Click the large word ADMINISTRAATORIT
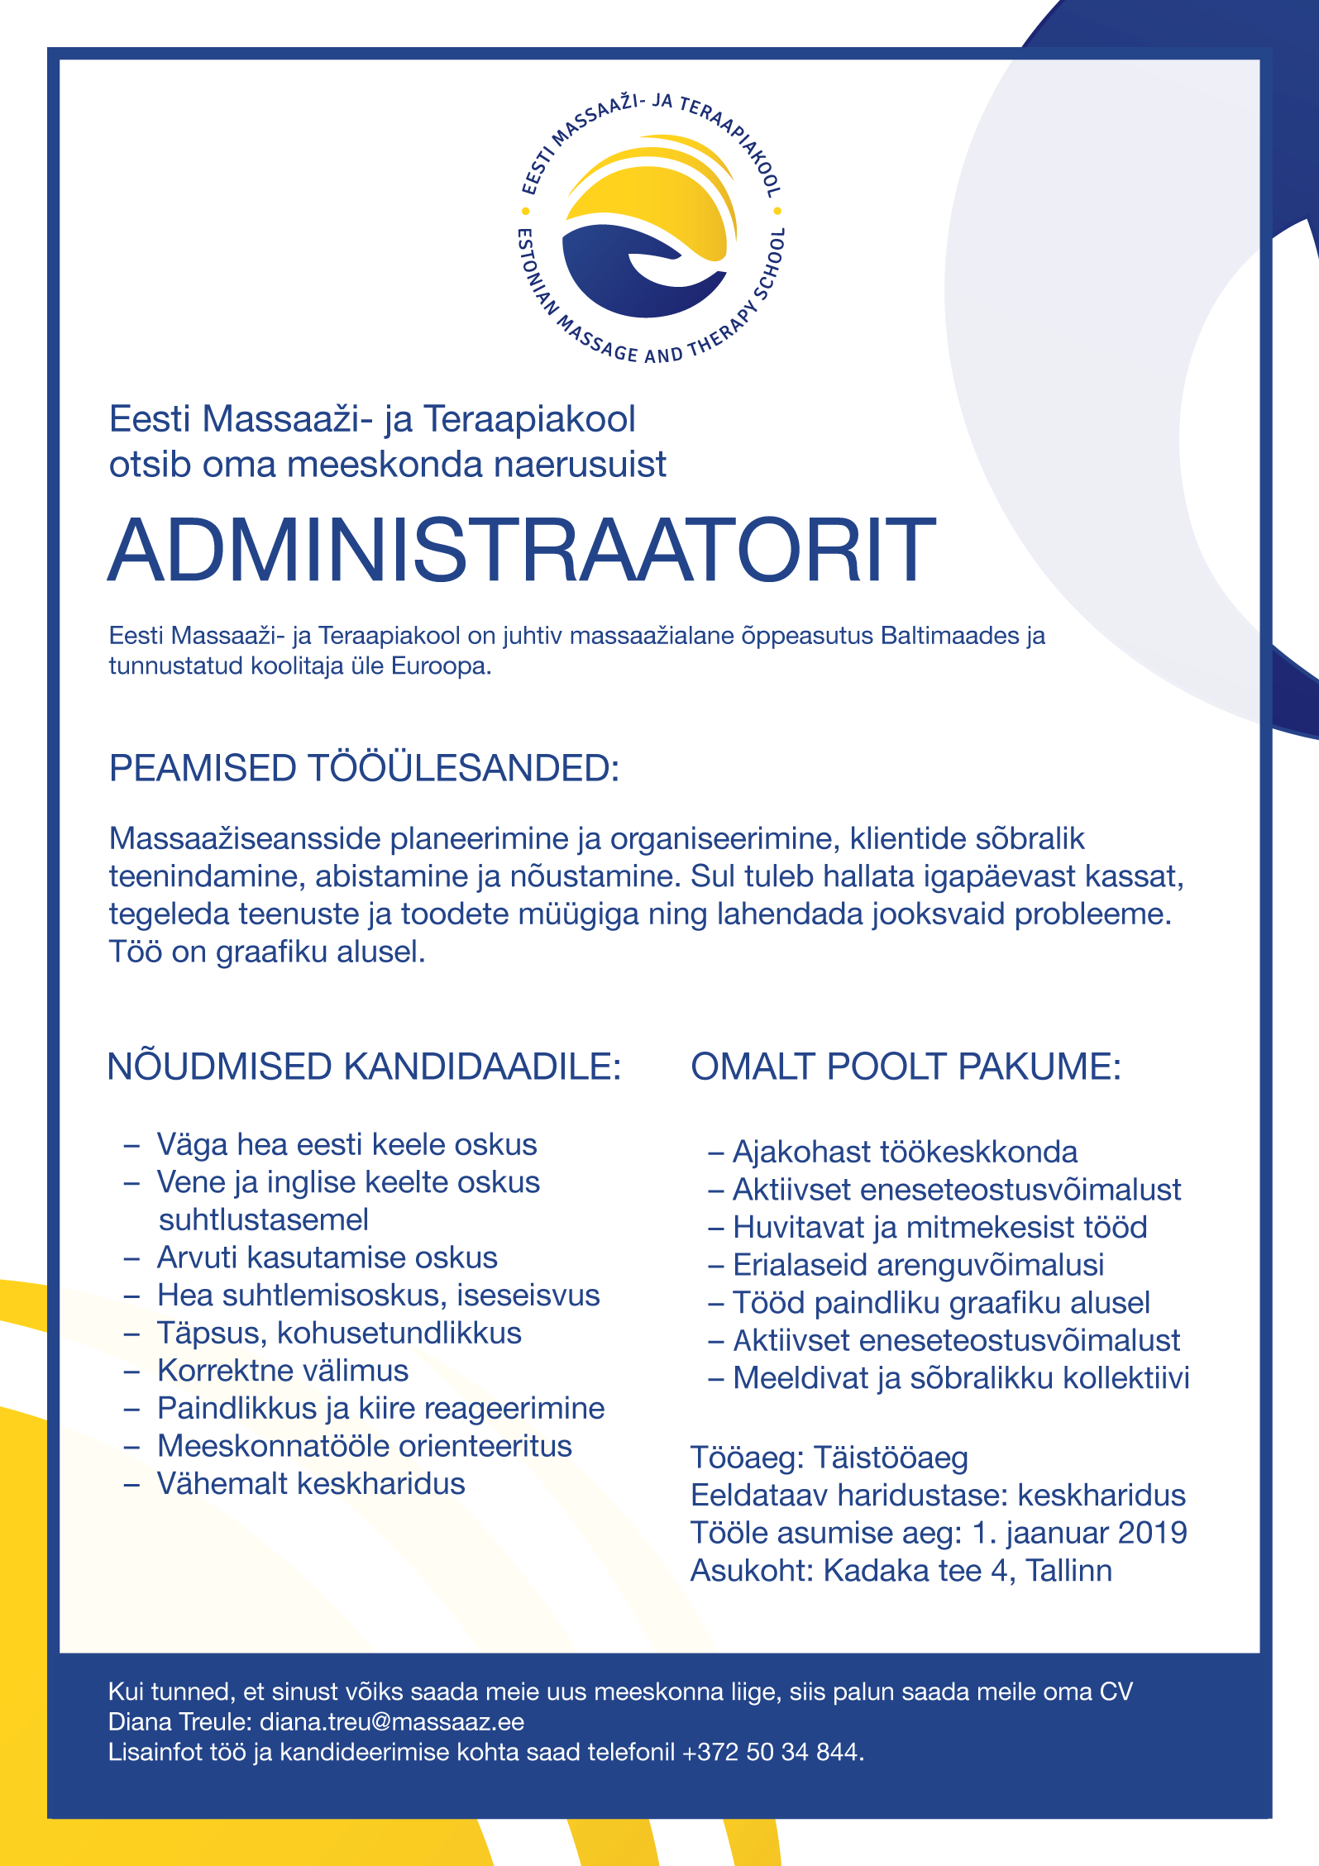tap(522, 551)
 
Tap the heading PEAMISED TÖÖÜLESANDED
tap(364, 768)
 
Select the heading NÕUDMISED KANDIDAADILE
tap(364, 1067)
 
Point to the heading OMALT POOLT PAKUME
tap(906, 1067)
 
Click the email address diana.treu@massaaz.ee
tap(392, 1721)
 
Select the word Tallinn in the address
tap(1068, 1570)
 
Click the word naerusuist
tap(581, 465)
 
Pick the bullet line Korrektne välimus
tap(283, 1371)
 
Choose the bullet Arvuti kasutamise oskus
tap(327, 1258)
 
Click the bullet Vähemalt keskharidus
tap(311, 1484)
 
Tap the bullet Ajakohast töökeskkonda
tap(905, 1152)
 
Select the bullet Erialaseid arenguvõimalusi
tap(918, 1265)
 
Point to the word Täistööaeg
tap(891, 1458)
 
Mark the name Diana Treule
tap(179, 1721)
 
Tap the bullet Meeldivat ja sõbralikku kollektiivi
tap(961, 1378)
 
